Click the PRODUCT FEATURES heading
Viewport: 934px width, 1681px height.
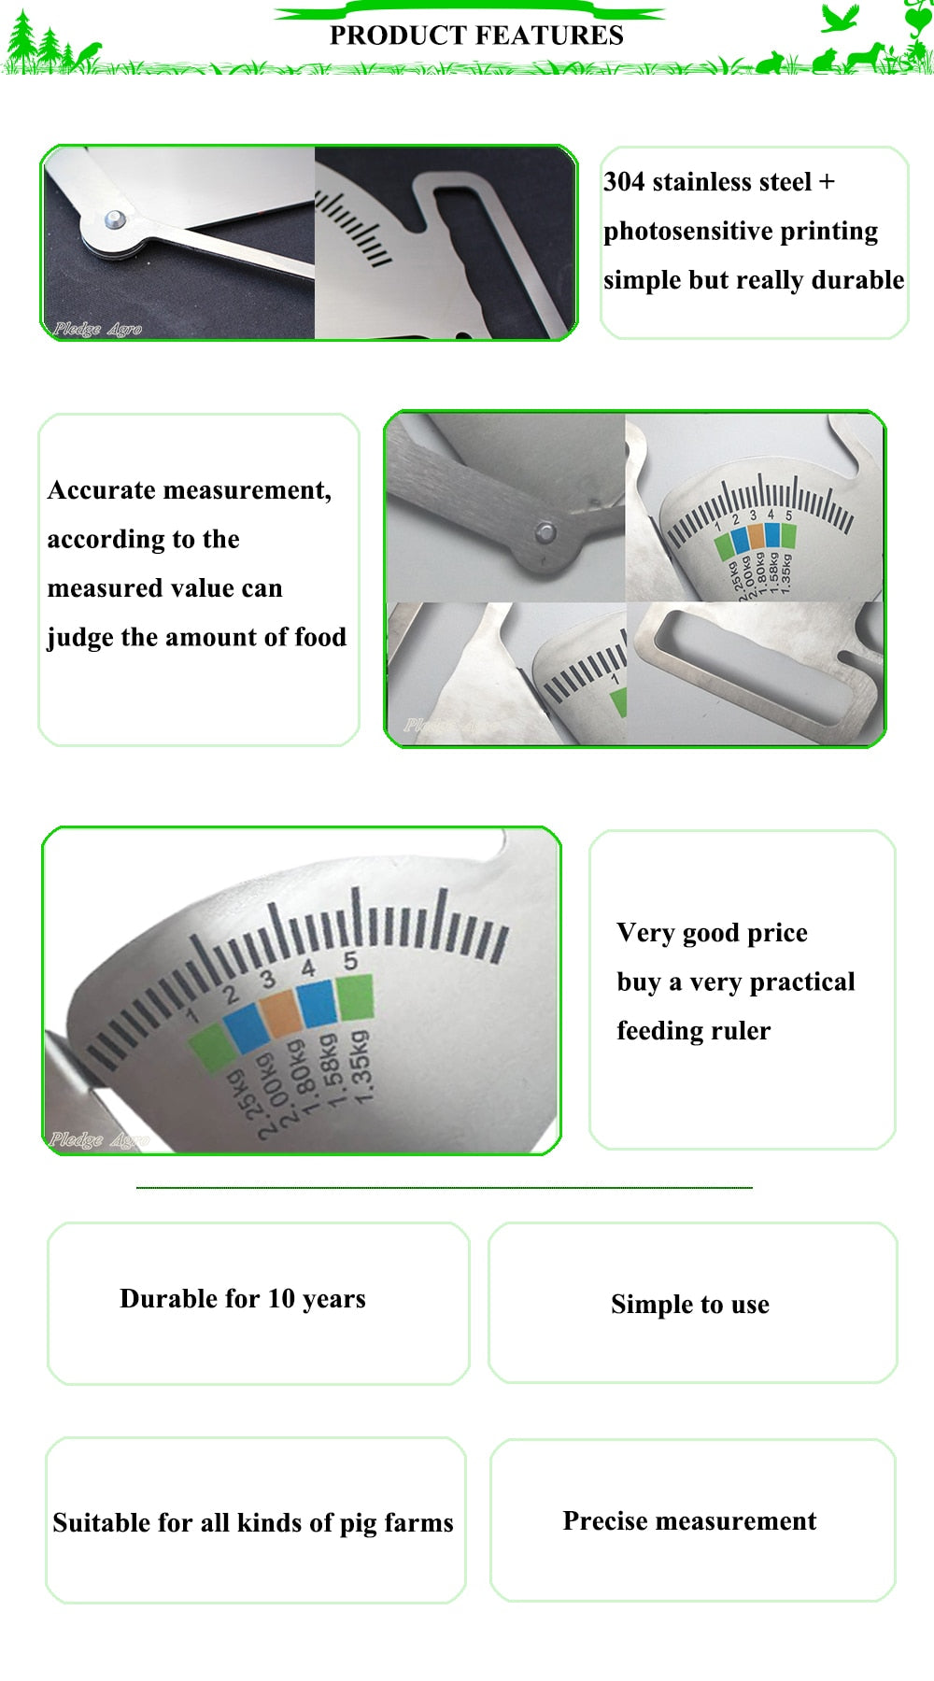(476, 35)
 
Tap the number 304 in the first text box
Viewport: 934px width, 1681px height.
(624, 181)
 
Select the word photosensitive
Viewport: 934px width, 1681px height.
(681, 232)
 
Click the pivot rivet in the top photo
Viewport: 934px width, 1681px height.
(115, 220)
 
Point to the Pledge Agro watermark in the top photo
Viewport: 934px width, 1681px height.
(97, 329)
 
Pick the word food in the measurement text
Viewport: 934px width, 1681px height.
(320, 637)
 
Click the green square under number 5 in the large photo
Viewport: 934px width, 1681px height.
(355, 996)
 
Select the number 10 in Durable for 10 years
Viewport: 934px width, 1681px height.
(281, 1299)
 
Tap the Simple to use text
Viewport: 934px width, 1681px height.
(690, 1305)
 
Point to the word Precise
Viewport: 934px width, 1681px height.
(605, 1521)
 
